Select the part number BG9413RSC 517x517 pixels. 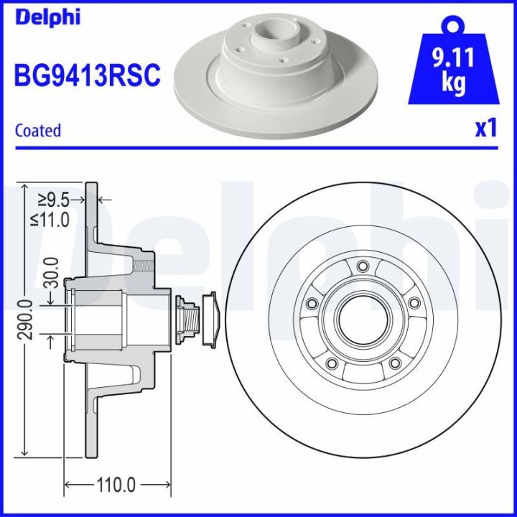click(86, 74)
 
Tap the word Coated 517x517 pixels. click(38, 131)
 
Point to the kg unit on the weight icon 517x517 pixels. click(452, 83)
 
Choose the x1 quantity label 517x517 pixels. click(485, 129)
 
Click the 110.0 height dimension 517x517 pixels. click(116, 485)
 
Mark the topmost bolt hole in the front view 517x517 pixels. click(362, 267)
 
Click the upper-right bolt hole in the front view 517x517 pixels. click(414, 304)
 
